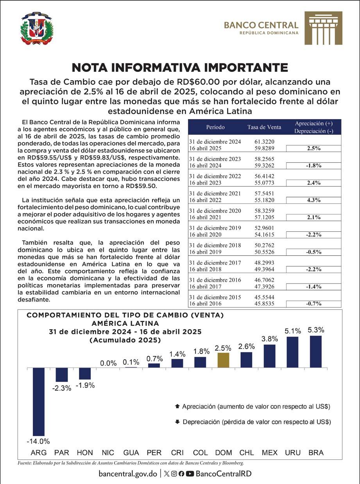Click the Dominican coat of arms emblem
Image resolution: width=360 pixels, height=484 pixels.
[x=37, y=29]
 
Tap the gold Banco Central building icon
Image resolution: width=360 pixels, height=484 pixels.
[x=323, y=28]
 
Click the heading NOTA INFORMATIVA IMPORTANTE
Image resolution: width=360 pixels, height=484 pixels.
[x=180, y=67]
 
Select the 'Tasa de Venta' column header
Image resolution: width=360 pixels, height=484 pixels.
[x=264, y=127]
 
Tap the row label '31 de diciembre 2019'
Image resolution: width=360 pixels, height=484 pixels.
[x=215, y=228]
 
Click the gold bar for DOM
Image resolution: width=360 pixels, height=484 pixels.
[x=223, y=360]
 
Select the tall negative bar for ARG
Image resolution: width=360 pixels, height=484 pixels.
[x=39, y=402]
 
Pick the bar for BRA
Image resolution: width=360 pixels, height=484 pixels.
[x=316, y=351]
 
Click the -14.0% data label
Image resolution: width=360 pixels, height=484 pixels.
[x=38, y=441]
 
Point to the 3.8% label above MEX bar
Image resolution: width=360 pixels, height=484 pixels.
[x=270, y=339]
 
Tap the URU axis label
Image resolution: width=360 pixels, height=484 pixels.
[x=293, y=453]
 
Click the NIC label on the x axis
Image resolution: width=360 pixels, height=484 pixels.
[x=108, y=453]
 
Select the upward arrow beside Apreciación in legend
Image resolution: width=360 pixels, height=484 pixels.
[x=177, y=407]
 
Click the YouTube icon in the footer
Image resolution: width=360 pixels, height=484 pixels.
[x=190, y=473]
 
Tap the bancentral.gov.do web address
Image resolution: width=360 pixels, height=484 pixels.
[x=128, y=473]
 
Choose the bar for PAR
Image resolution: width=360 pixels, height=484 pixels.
[x=62, y=375]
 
